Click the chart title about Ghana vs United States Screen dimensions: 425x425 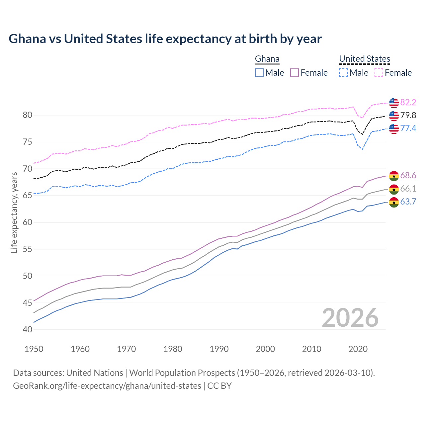tap(165, 39)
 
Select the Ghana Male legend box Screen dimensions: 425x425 tap(259, 73)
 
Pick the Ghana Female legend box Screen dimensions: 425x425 tap(295, 73)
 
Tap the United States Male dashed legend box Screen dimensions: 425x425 tap(343, 73)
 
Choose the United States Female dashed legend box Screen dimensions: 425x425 tap(379, 73)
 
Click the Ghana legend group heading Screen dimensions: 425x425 tap(267, 59)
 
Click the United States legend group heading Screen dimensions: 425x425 tap(364, 59)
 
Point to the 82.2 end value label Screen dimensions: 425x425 tap(408, 103)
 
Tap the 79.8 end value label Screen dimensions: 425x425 tap(408, 116)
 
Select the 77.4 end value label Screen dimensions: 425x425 tap(408, 128)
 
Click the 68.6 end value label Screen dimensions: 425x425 tap(408, 175)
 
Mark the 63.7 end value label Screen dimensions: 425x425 tap(408, 202)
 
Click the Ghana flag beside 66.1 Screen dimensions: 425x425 tap(394, 189)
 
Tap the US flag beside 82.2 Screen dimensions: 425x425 tap(394, 103)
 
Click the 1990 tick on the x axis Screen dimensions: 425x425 tap(219, 349)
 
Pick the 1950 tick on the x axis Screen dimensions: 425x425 tap(34, 349)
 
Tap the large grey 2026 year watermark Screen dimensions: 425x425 tap(350, 318)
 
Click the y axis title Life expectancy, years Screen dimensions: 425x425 tap(14, 212)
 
